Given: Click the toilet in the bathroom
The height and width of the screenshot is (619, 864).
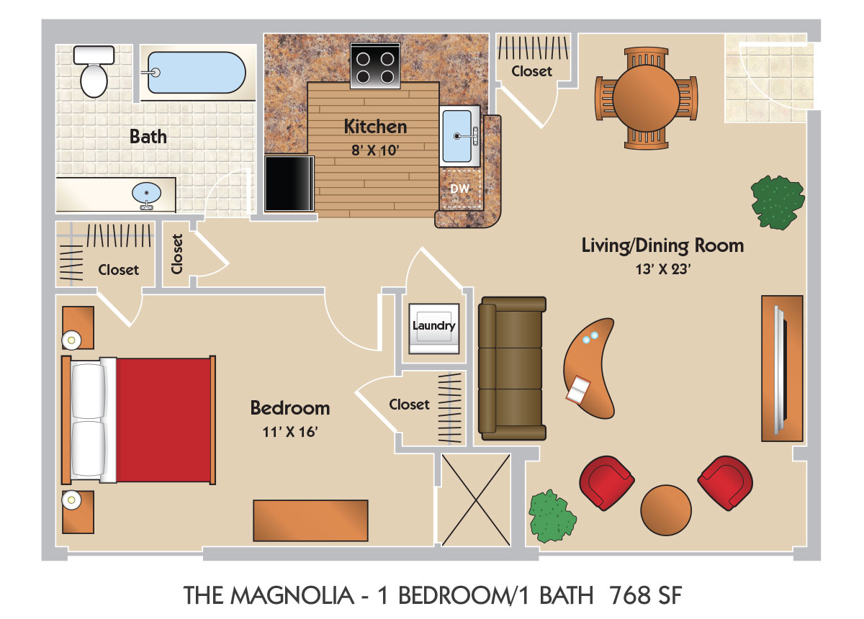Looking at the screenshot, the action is click(x=94, y=71).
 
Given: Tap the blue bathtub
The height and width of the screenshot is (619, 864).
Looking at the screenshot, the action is click(x=197, y=73).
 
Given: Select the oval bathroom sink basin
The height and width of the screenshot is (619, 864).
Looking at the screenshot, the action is click(x=147, y=193).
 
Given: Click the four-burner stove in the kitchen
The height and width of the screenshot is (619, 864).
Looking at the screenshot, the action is click(x=375, y=65).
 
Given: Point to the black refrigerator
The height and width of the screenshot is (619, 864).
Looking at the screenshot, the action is click(x=289, y=184).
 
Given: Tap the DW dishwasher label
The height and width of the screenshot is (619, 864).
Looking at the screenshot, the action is click(x=460, y=189).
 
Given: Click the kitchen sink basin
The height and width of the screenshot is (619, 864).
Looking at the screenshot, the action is click(x=457, y=136).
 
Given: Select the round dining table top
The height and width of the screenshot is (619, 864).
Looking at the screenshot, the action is click(x=646, y=99).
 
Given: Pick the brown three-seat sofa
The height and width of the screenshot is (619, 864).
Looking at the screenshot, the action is click(x=512, y=369).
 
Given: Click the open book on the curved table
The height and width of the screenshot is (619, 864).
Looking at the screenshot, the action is click(x=578, y=389).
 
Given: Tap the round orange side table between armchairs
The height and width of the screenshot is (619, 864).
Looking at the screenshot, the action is click(x=666, y=510).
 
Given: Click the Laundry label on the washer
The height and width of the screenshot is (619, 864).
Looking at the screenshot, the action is click(x=434, y=325).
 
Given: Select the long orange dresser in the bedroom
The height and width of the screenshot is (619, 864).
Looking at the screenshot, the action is click(x=310, y=520).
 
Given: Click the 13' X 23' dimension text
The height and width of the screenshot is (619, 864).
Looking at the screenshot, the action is click(x=663, y=269).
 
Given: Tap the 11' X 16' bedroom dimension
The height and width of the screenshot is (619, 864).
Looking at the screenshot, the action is click(x=290, y=432).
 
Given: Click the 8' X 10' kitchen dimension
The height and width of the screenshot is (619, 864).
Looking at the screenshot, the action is click(x=375, y=150).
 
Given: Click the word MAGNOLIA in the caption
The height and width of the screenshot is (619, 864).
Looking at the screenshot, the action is click(x=292, y=595).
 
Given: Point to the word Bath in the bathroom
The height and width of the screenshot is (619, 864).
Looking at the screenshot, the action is click(x=148, y=137).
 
